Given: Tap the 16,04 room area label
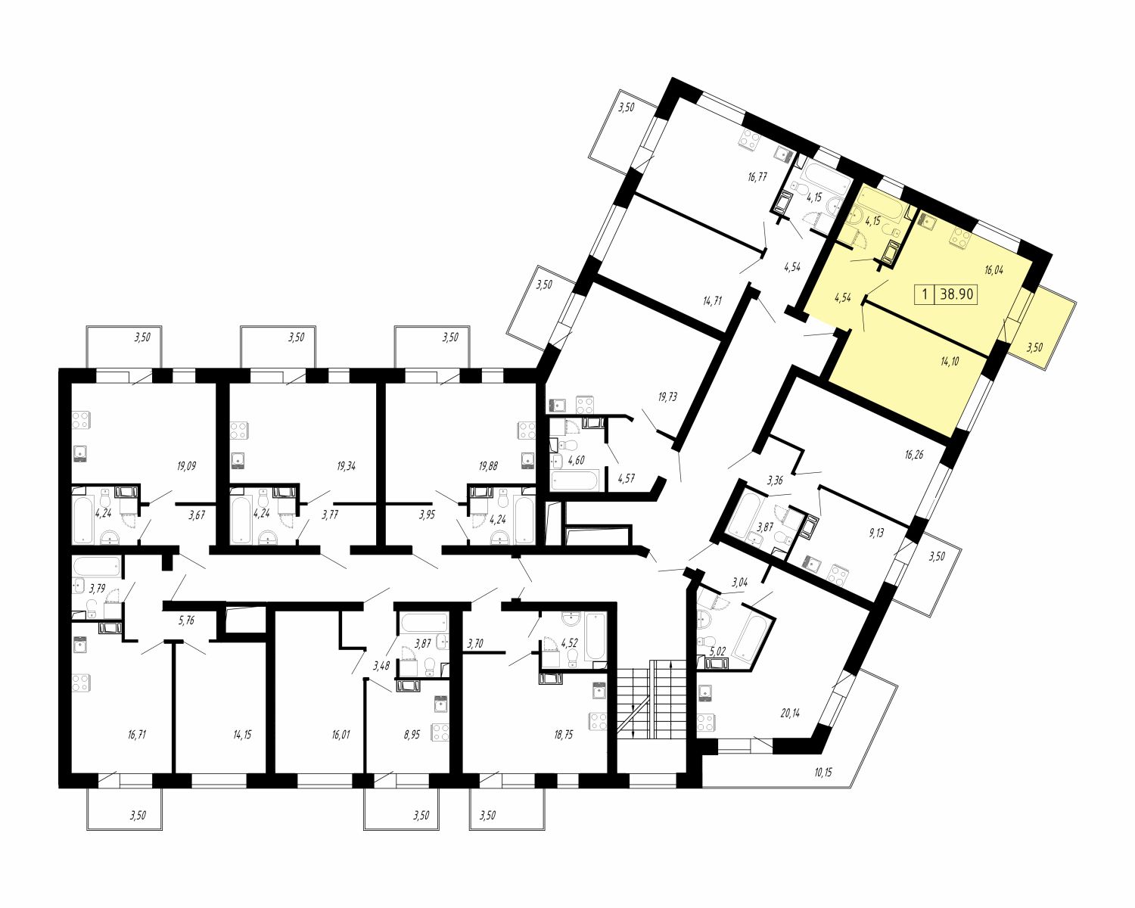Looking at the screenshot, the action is [x=994, y=271].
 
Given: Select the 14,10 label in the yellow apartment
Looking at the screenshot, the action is [x=950, y=362].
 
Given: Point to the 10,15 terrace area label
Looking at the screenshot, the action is [x=823, y=773].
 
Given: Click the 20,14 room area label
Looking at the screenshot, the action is [x=790, y=713].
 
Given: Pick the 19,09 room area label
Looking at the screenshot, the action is [x=187, y=466].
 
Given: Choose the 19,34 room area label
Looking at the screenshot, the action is [x=345, y=466].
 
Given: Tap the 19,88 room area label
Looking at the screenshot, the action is [x=488, y=466].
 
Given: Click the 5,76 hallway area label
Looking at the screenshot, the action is [x=186, y=620].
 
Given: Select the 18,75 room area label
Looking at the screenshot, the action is [x=563, y=735].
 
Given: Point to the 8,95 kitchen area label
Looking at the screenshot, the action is [x=412, y=735].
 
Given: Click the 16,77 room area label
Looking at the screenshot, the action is [x=757, y=177].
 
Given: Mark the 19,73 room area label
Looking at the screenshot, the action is [x=667, y=396].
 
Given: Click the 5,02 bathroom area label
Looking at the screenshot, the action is [x=718, y=651].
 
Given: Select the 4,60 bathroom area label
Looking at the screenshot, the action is [x=577, y=461].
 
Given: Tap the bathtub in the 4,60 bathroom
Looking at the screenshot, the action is [x=574, y=481].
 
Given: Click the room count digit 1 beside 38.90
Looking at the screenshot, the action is [x=923, y=294].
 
